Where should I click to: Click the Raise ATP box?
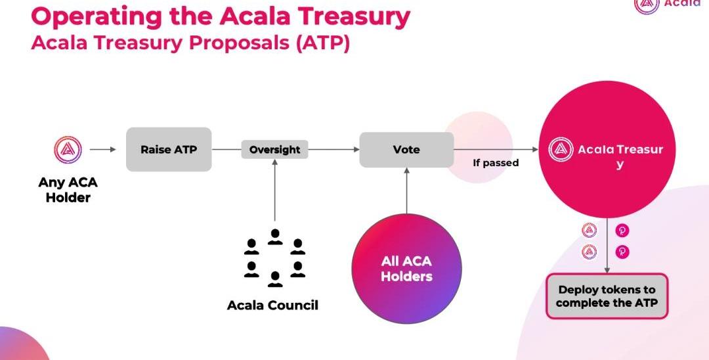[169, 149]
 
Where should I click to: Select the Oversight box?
[274, 149]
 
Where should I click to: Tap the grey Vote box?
[406, 149]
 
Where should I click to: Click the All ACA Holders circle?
[406, 269]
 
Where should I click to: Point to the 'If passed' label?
[496, 162]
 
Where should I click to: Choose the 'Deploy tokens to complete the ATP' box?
[607, 296]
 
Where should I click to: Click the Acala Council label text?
[272, 305]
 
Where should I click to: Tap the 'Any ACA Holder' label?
[68, 190]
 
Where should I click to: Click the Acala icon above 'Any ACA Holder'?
[68, 149]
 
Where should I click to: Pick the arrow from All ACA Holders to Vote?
[407, 191]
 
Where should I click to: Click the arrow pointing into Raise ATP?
[103, 149]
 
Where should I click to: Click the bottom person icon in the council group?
[275, 279]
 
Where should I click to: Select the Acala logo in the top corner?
[647, 4]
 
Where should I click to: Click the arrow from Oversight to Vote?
[333, 149]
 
